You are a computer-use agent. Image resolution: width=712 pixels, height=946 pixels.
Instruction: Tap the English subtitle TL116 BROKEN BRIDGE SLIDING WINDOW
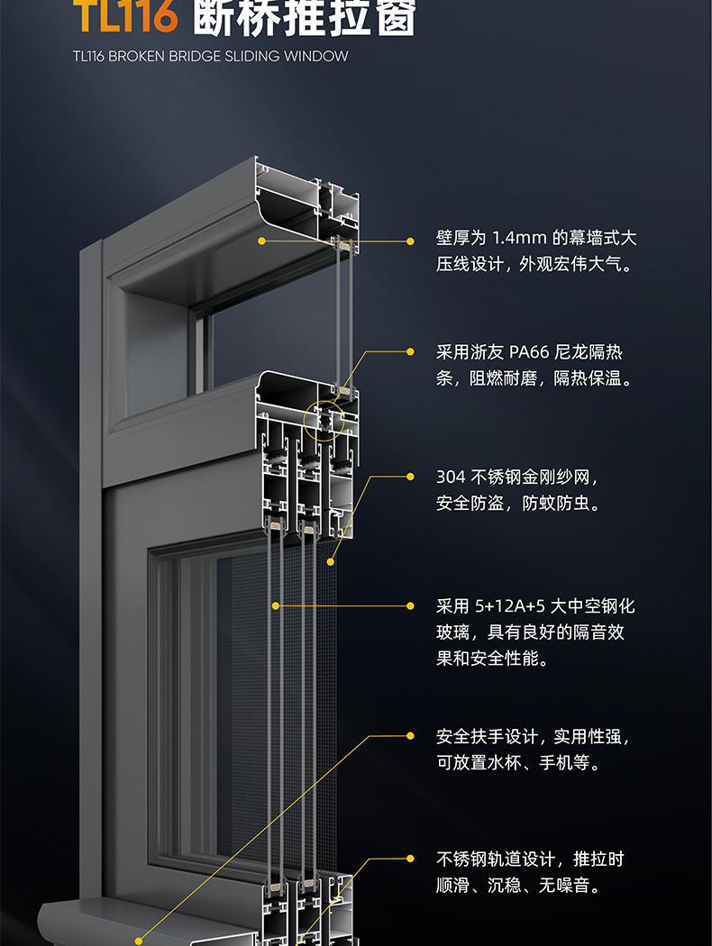click(210, 56)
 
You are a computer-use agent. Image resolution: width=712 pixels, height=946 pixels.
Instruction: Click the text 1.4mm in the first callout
click(519, 238)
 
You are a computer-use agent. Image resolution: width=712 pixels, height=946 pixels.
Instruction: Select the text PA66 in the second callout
click(530, 351)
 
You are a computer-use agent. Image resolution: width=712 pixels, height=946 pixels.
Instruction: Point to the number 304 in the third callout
click(451, 477)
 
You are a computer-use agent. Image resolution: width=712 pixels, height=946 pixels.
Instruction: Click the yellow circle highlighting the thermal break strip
click(324, 419)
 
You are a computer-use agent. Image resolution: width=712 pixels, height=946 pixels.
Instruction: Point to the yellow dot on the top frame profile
click(261, 241)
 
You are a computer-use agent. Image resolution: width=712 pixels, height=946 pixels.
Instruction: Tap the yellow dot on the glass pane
click(275, 605)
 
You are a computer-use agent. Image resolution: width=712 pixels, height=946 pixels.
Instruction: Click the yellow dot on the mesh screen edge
click(331, 561)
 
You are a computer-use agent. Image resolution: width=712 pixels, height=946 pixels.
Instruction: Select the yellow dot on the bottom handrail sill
click(138, 939)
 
